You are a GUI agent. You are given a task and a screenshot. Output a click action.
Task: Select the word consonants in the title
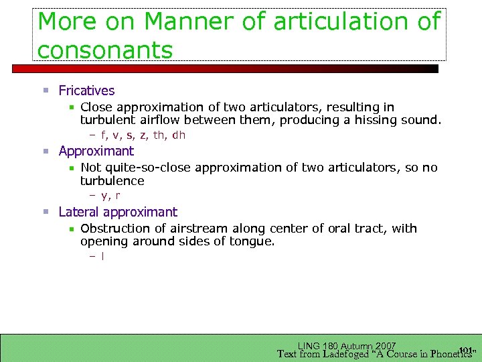(105, 49)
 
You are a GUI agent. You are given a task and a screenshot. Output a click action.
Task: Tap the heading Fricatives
(86, 90)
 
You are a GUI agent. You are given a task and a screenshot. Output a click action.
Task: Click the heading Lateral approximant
(118, 212)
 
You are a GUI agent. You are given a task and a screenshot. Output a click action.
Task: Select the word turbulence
(112, 181)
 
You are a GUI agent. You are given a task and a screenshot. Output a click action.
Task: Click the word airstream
(205, 229)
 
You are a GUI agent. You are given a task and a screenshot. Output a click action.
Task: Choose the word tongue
(254, 241)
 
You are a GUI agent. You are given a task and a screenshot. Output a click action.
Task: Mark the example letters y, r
(110, 196)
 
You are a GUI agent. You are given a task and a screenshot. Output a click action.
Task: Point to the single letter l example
(102, 256)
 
